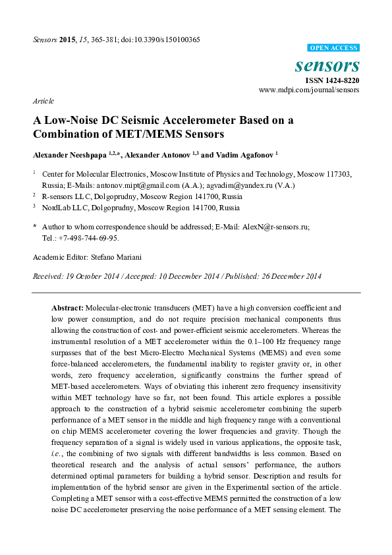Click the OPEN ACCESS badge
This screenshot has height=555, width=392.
pyautogui.click(x=333, y=48)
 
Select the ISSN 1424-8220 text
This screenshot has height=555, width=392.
pyautogui.click(x=332, y=79)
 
